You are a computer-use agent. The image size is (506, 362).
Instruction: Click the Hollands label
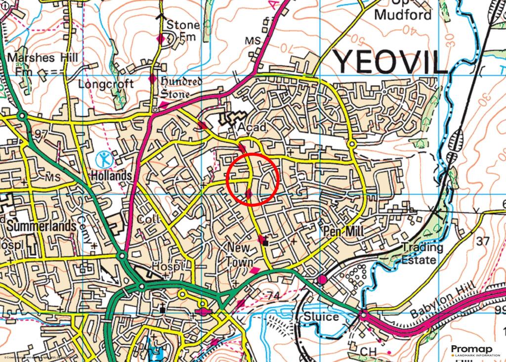click(111, 176)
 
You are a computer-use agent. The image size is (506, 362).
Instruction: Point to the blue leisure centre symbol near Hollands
click(104, 159)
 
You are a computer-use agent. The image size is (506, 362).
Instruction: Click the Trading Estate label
click(422, 253)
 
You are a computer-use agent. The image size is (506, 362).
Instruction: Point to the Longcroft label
click(106, 84)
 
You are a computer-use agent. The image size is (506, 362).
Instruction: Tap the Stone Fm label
click(182, 30)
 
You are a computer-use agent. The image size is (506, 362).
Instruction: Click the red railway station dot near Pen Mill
click(323, 280)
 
